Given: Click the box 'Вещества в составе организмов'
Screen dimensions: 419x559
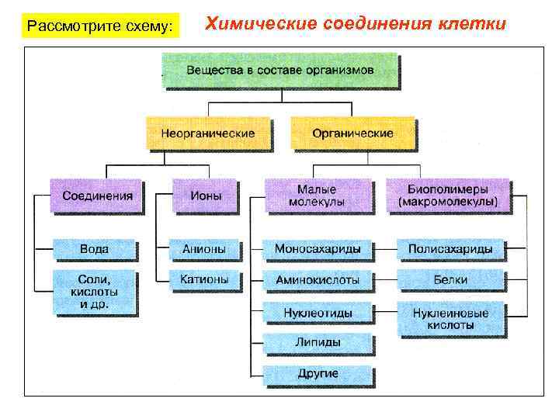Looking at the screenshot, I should point(280,70).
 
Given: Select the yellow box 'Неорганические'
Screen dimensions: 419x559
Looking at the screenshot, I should point(208,133).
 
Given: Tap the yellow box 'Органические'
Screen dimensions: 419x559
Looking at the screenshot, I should point(352,133).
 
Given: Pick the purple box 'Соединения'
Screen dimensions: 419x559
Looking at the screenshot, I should point(97,196).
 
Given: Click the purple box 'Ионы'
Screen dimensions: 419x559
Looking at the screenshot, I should point(206,196).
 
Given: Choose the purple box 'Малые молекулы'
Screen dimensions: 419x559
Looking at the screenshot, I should point(317,196).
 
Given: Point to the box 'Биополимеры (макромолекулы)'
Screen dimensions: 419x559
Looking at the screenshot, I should point(447,196).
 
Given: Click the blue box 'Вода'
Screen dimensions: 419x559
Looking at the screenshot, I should point(95,249).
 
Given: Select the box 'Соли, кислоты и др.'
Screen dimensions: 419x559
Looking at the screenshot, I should point(95,291).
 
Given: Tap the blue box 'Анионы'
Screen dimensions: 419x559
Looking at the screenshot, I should point(204,249).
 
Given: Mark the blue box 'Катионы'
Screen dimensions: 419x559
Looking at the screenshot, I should point(204,279).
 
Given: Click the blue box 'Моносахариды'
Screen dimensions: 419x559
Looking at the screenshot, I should point(317,249).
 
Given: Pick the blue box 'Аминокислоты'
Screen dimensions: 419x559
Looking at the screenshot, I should point(317,279).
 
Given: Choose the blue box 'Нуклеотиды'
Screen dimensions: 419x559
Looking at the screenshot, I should point(317,313).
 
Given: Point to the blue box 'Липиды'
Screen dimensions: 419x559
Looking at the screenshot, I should point(317,341).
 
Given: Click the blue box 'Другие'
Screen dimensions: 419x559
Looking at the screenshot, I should point(317,373).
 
